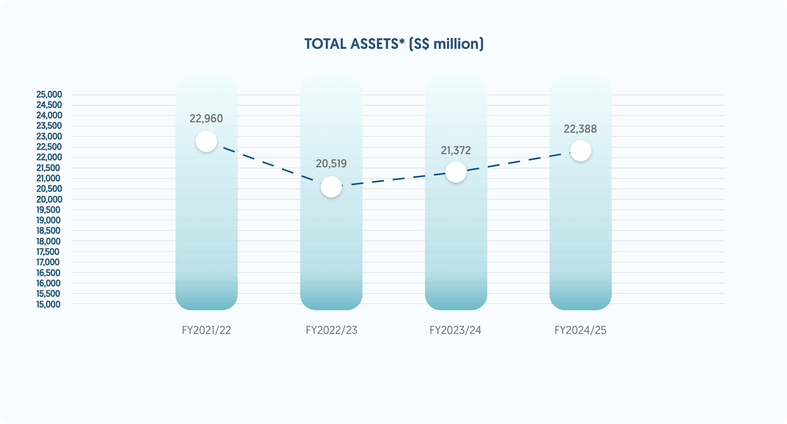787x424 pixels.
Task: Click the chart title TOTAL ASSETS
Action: pyautogui.click(x=394, y=44)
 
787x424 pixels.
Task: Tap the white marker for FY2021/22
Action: pyautogui.click(x=206, y=141)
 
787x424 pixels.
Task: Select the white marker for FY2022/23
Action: pyautogui.click(x=331, y=187)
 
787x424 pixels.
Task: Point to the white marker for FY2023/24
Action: pyautogui.click(x=456, y=172)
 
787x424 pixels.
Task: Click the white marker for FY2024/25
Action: pyautogui.click(x=580, y=151)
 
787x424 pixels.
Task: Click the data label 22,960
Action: pyautogui.click(x=206, y=118)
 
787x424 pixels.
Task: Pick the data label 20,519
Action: pyautogui.click(x=331, y=164)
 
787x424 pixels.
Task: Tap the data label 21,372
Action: pyautogui.click(x=456, y=150)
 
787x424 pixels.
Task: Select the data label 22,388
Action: pyautogui.click(x=580, y=129)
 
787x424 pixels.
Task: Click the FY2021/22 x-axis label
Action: pyautogui.click(x=206, y=330)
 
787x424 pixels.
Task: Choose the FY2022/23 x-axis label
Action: pyautogui.click(x=331, y=330)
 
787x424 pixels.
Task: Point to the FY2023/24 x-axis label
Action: pyautogui.click(x=455, y=330)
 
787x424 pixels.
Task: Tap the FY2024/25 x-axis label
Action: pyautogui.click(x=580, y=330)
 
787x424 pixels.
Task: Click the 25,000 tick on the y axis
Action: pyautogui.click(x=49, y=95)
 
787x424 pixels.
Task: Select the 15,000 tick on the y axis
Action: pyautogui.click(x=48, y=304)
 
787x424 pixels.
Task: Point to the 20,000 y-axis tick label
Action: pyautogui.click(x=49, y=200)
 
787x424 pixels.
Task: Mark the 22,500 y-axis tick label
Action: pyautogui.click(x=49, y=147)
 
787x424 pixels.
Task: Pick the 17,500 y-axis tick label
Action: pyautogui.click(x=48, y=252)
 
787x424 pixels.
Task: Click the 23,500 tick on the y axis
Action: pyautogui.click(x=49, y=126)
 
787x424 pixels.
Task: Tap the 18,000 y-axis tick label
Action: pyautogui.click(x=48, y=241)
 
